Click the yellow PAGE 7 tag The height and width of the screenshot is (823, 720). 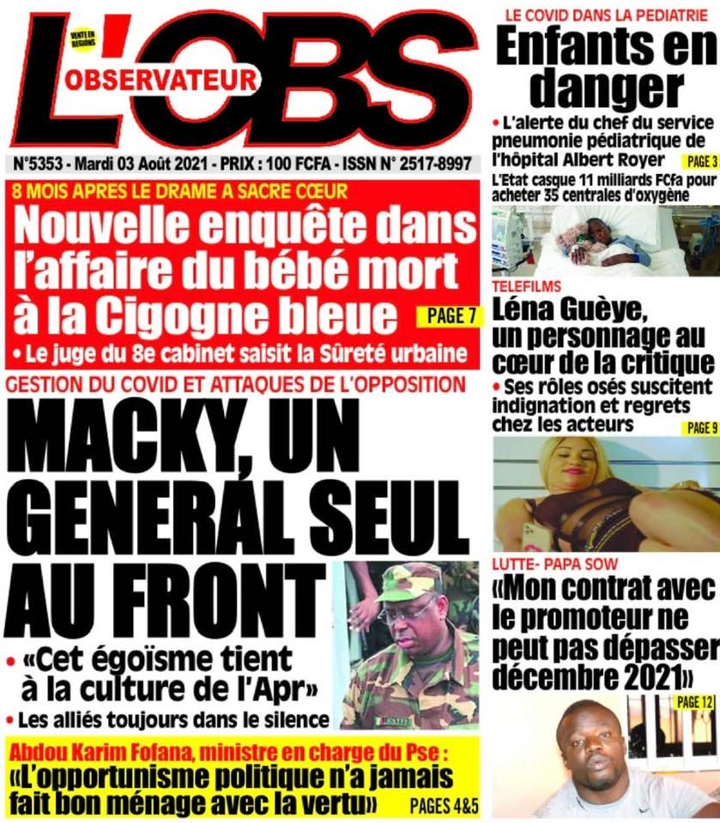point(446,316)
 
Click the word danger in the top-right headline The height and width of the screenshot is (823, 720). point(606,88)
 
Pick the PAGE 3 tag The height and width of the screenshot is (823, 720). point(699,160)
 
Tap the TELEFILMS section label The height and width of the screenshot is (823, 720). point(527,285)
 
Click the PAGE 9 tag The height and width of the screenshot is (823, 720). point(699,427)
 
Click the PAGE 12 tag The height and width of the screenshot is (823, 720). point(695,702)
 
